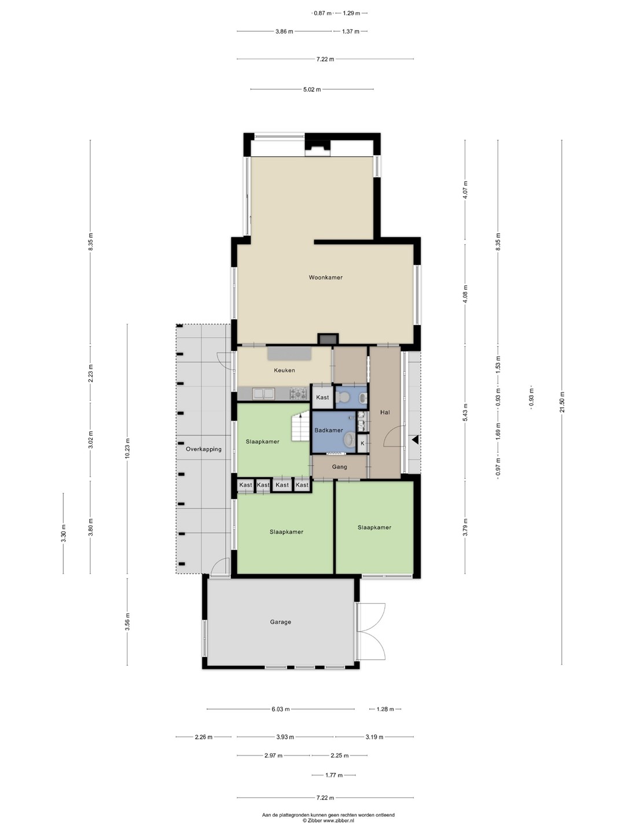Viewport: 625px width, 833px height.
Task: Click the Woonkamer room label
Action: [326, 278]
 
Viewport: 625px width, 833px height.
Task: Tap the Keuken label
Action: [284, 370]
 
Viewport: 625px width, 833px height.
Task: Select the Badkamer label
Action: [329, 430]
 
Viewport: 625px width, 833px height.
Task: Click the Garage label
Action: [281, 622]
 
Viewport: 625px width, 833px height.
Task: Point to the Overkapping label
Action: [203, 449]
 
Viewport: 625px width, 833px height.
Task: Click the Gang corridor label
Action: [339, 467]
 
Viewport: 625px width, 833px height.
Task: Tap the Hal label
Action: [385, 412]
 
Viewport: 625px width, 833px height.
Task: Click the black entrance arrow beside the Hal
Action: [416, 440]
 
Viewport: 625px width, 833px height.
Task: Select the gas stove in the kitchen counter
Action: [298, 393]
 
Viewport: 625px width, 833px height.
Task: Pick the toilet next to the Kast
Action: [344, 397]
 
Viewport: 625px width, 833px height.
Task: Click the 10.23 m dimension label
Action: [127, 448]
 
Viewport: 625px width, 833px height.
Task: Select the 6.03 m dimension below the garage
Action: [281, 709]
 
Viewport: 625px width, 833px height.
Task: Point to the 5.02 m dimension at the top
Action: [311, 90]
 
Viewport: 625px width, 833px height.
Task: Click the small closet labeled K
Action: [362, 443]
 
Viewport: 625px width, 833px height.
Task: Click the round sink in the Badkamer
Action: [349, 440]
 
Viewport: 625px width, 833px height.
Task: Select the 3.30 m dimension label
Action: [64, 533]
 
